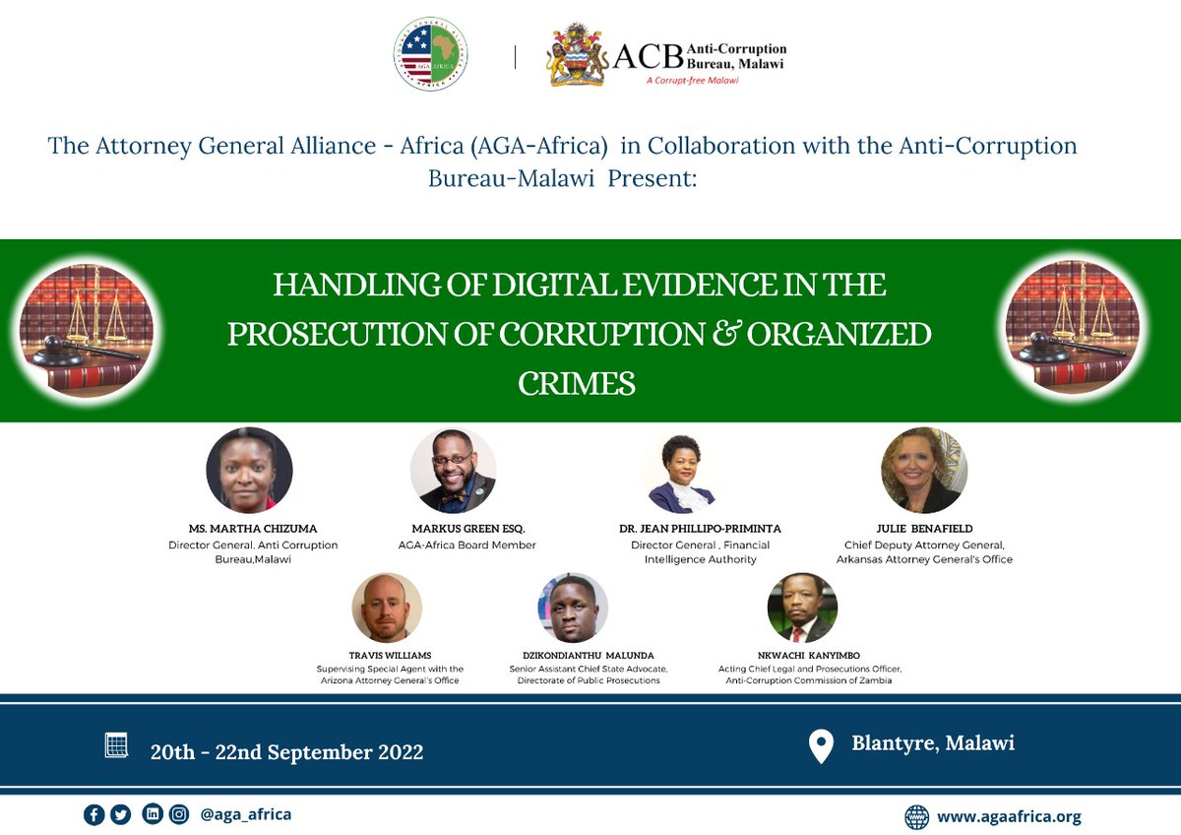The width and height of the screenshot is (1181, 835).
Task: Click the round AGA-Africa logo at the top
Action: (x=430, y=55)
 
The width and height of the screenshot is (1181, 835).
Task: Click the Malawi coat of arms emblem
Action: (x=577, y=55)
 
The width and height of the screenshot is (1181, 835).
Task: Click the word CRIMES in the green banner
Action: (x=577, y=383)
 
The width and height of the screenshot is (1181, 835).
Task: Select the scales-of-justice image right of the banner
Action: (x=1072, y=329)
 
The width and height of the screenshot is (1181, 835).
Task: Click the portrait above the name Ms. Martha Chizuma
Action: (x=249, y=471)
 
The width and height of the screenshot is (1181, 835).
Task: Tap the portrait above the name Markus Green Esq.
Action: (x=453, y=471)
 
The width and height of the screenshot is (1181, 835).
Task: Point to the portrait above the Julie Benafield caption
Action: (x=923, y=471)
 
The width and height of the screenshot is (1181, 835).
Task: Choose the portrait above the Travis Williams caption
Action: (x=387, y=608)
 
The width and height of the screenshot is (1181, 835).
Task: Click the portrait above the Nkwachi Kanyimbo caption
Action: (x=802, y=608)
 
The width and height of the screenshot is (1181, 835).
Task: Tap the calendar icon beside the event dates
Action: (x=116, y=745)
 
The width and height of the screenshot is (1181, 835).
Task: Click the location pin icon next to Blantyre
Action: (x=820, y=746)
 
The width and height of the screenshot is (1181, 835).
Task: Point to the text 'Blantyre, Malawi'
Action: (x=932, y=743)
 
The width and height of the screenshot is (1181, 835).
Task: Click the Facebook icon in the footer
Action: (x=94, y=814)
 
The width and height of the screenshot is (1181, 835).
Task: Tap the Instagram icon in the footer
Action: (x=178, y=814)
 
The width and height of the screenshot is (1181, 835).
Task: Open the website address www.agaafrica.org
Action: (x=1009, y=816)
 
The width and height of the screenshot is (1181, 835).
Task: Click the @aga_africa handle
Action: (x=245, y=814)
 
